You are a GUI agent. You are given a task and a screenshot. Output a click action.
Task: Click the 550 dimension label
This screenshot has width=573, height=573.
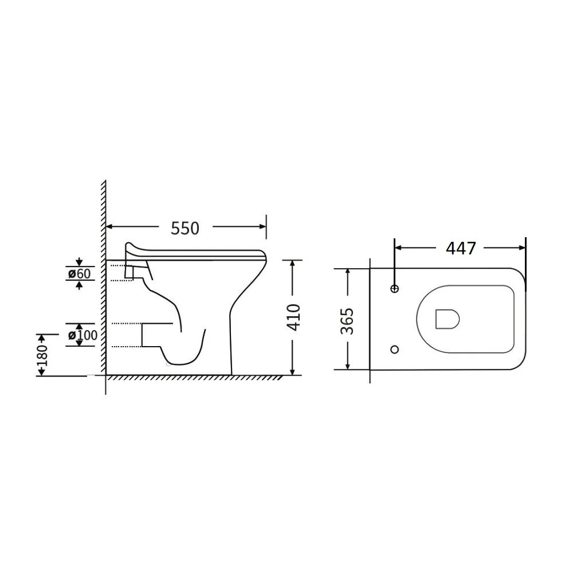[x=185, y=229]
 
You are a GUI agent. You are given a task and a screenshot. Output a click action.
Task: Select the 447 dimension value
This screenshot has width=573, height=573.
[x=461, y=249]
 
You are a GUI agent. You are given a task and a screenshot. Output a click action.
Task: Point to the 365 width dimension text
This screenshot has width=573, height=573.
[x=347, y=321]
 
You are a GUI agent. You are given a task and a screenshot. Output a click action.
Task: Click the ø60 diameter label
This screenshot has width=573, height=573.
[x=79, y=273]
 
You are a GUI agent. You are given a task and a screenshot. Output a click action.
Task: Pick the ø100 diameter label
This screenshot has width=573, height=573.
[x=83, y=335]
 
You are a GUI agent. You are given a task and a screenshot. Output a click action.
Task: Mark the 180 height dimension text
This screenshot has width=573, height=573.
[x=43, y=355]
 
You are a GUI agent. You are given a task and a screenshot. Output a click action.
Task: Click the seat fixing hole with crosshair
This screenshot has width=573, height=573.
[x=394, y=289]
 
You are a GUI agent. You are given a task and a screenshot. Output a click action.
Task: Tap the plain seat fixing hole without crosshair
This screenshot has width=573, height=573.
[x=394, y=350]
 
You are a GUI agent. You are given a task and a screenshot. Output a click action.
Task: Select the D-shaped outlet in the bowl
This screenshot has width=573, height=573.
[x=447, y=319]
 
